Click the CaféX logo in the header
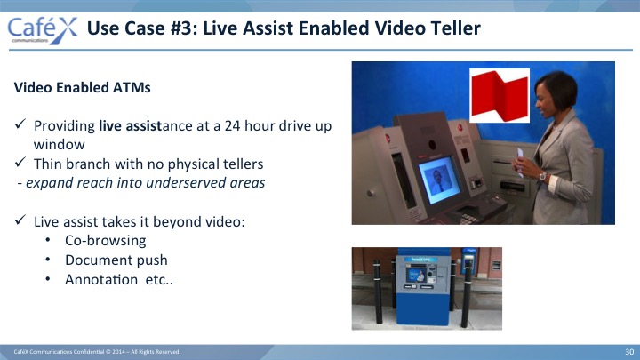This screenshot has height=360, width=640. click(x=42, y=30)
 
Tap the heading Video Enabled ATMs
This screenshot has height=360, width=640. click(x=82, y=87)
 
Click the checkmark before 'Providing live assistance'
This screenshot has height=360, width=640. click(x=20, y=124)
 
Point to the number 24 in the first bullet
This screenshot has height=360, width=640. click(x=232, y=125)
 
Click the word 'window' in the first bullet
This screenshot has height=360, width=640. click(x=60, y=144)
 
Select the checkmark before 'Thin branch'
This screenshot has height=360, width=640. click(x=20, y=162)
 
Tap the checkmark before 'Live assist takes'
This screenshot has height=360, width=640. click(x=20, y=220)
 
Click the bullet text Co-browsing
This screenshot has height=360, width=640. click(x=105, y=240)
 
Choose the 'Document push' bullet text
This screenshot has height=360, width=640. click(x=116, y=260)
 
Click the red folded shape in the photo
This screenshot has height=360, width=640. click(x=500, y=95)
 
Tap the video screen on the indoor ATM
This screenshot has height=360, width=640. click(x=439, y=180)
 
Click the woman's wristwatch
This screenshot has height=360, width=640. click(x=542, y=176)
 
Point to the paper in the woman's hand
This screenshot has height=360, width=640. click(x=520, y=162)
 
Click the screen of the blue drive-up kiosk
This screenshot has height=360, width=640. click(x=416, y=275)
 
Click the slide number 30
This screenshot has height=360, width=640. click(x=629, y=352)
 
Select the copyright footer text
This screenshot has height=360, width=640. click(x=97, y=352)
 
